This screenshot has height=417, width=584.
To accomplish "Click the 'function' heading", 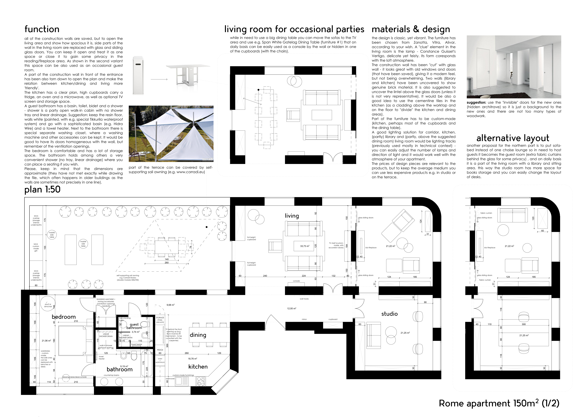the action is click(42, 29).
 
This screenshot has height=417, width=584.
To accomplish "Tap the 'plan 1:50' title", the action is click(42, 190).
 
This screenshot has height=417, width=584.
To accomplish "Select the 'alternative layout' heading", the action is click(513, 138).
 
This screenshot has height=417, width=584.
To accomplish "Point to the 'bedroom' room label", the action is click(64, 317).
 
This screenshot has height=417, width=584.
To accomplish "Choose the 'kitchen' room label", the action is click(198, 367).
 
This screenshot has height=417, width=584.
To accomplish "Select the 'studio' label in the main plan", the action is click(389, 314).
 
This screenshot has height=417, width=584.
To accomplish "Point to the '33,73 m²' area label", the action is click(305, 246).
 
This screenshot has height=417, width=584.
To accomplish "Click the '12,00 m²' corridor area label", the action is click(292, 308).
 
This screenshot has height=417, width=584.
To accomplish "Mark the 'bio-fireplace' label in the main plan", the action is click(371, 248).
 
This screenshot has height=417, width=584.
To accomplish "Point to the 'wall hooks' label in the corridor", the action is click(304, 299).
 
